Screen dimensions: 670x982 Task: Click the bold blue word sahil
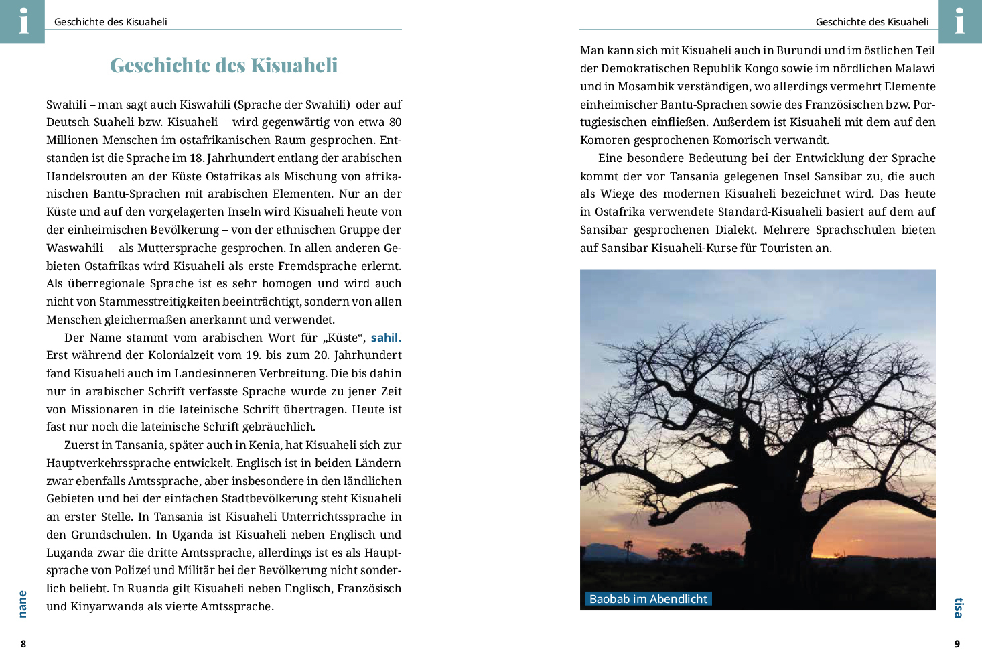coord(386,338)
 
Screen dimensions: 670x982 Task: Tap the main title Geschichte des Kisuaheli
coord(224,66)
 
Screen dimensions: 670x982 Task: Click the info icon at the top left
coord(23,21)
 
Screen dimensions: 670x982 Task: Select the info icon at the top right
coord(959,21)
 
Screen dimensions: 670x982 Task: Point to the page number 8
coord(23,644)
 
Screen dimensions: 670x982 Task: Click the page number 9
coord(957,644)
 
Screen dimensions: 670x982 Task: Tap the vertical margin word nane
coord(23,604)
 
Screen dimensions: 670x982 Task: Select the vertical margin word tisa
coord(959,608)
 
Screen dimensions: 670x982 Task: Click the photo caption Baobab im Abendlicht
coord(648,599)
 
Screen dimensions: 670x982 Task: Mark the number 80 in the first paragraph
coord(395,123)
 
